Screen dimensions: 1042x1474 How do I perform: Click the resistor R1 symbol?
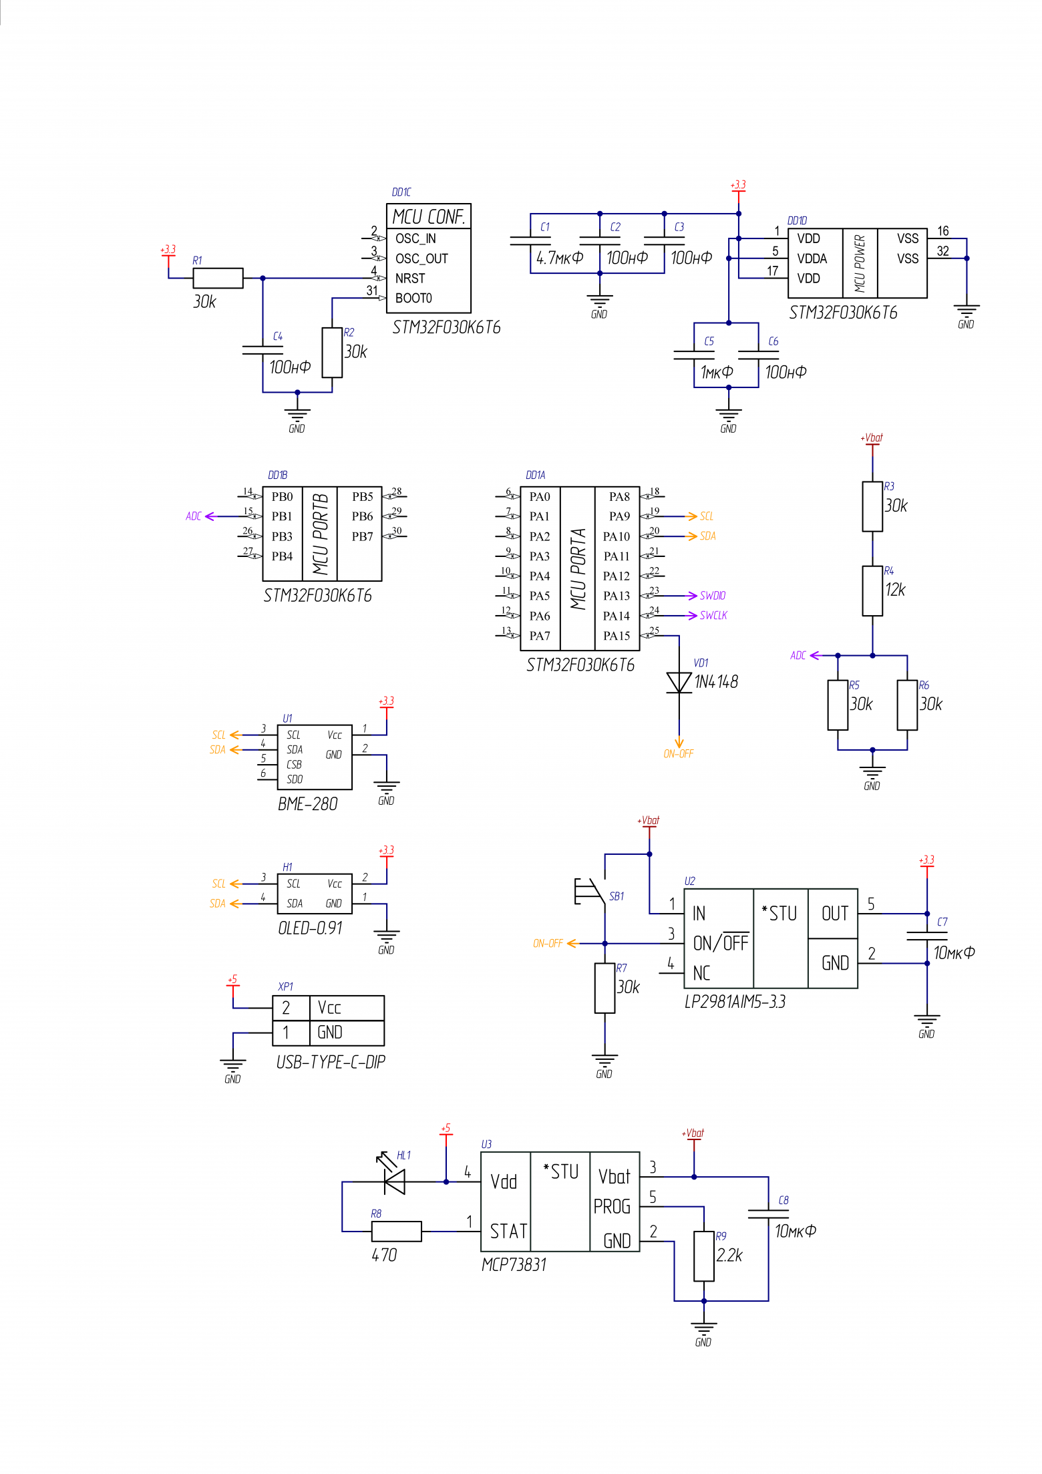point(218,278)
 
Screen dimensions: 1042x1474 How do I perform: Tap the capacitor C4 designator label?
point(278,337)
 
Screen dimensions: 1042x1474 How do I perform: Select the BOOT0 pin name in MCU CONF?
point(413,299)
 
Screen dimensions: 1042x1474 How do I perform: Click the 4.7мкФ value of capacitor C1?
point(560,258)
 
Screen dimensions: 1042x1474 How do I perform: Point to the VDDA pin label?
point(812,258)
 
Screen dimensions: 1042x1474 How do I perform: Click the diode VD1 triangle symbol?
point(679,682)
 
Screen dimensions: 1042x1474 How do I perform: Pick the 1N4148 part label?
point(716,682)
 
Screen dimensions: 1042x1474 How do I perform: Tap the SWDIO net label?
point(713,596)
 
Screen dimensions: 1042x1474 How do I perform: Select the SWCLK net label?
point(713,616)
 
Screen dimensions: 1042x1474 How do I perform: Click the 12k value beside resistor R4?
point(895,590)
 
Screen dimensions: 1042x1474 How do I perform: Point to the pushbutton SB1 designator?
point(617,896)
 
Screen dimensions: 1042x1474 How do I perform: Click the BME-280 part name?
point(308,804)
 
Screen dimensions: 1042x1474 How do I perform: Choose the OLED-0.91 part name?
point(311,928)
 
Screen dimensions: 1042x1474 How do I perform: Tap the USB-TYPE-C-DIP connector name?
point(331,1062)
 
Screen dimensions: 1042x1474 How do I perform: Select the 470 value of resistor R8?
point(384,1256)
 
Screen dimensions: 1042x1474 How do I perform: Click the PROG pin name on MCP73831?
point(612,1207)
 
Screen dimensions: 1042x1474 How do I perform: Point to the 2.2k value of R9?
point(729,1256)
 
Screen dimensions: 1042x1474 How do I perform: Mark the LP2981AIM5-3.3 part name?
point(735,1002)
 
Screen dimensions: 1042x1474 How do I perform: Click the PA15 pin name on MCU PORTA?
point(617,636)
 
